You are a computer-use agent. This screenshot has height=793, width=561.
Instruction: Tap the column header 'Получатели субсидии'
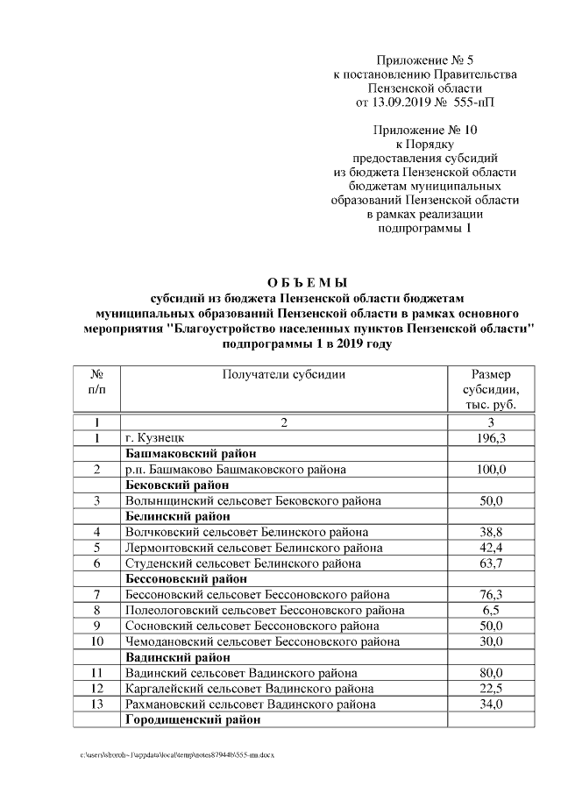pos(283,374)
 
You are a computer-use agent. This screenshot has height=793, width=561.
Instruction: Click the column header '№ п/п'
pos(96,381)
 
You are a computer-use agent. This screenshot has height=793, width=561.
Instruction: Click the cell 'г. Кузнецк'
pos(155,438)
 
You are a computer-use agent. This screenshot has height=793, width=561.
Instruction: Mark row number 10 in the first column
pos(96,641)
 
